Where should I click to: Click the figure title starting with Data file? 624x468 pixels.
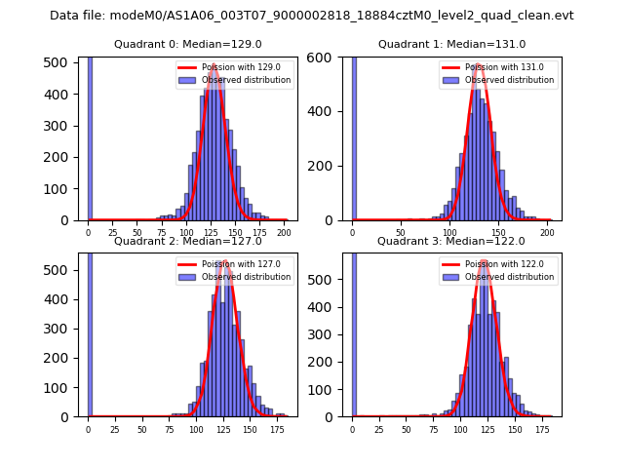tap(312, 16)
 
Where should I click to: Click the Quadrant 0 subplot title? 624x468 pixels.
tap(188, 44)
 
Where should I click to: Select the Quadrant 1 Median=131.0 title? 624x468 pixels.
tap(452, 44)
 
